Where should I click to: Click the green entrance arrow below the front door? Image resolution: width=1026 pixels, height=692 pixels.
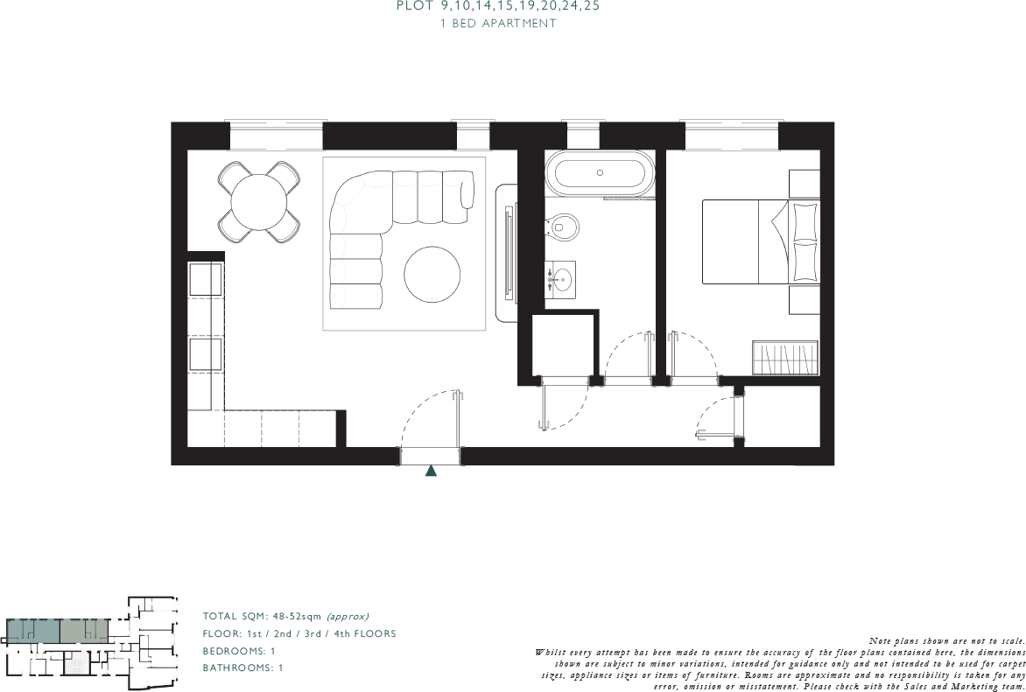pyautogui.click(x=431, y=471)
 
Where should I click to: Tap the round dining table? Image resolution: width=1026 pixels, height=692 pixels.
pyautogui.click(x=259, y=202)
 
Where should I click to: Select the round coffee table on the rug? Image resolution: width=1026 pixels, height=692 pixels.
pyautogui.click(x=432, y=274)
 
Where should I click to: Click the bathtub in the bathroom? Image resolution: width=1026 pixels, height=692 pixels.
pyautogui.click(x=599, y=172)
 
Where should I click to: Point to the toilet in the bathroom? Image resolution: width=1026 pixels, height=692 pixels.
pyautogui.click(x=566, y=227)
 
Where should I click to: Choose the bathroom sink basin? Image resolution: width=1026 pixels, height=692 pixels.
pyautogui.click(x=560, y=280)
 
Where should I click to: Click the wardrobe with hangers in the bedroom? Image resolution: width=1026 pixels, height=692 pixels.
pyautogui.click(x=784, y=358)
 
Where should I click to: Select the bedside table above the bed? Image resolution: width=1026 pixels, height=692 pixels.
pyautogui.click(x=804, y=184)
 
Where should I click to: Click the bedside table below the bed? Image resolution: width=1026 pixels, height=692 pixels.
pyautogui.click(x=804, y=300)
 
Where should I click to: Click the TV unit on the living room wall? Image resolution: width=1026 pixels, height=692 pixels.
pyautogui.click(x=508, y=253)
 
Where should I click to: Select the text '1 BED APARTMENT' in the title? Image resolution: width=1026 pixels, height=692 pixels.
pyautogui.click(x=498, y=24)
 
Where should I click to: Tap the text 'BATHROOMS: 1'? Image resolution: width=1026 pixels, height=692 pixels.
pyautogui.click(x=242, y=668)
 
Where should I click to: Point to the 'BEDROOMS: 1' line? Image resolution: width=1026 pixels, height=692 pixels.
pyautogui.click(x=239, y=651)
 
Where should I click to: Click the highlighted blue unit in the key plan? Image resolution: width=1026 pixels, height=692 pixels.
pyautogui.click(x=33, y=631)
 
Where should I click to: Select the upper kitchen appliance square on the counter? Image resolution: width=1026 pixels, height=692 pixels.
pyautogui.click(x=207, y=279)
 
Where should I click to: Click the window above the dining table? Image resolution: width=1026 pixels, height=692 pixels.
pyautogui.click(x=276, y=136)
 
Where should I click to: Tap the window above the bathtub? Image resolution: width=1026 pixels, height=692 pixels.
pyautogui.click(x=582, y=136)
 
